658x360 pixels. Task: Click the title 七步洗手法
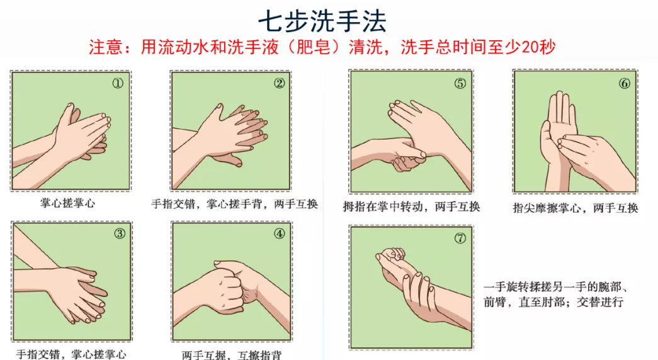point(322,21)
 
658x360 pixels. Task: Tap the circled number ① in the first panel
point(118,84)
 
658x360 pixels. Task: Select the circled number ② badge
point(280,84)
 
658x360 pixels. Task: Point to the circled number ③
point(120,233)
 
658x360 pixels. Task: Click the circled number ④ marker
point(280,233)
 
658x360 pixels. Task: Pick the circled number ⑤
point(460,84)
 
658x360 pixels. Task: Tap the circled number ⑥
point(625,84)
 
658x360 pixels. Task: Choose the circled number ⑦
point(460,238)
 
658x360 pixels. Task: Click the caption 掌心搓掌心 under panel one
point(67,203)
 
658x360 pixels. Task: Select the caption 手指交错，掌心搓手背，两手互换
point(235,204)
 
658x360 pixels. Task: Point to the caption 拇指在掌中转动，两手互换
point(411,206)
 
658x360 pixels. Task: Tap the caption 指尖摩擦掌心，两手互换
point(576,208)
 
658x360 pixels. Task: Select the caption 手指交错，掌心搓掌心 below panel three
point(71,354)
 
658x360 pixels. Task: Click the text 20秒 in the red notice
point(538,47)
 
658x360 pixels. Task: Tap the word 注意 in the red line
point(105,47)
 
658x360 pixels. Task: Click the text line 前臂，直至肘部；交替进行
point(553,302)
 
